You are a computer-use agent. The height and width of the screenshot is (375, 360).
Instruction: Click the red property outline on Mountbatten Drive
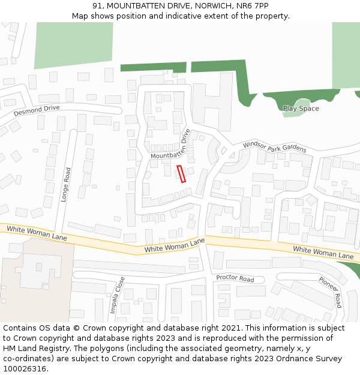[182, 173]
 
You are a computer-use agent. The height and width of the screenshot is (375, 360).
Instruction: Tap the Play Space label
[301, 109]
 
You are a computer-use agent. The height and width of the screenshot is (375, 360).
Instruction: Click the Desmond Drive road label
[37, 110]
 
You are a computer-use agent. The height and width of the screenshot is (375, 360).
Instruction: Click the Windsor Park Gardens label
[274, 146]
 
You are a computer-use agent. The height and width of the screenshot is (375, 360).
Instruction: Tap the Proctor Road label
[235, 278]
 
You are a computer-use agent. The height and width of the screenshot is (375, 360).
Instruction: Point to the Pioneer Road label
[331, 292]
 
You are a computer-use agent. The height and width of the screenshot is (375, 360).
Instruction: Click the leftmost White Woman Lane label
[37, 233]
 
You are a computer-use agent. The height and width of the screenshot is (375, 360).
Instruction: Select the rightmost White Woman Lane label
[323, 252]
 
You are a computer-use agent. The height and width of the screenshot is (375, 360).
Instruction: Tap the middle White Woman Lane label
[175, 245]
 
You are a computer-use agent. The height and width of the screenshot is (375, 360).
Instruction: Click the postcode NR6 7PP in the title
[253, 6]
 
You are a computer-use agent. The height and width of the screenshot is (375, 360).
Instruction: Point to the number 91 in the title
[98, 6]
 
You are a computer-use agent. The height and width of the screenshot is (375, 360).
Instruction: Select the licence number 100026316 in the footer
[25, 369]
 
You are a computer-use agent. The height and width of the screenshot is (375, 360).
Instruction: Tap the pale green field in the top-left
[73, 44]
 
